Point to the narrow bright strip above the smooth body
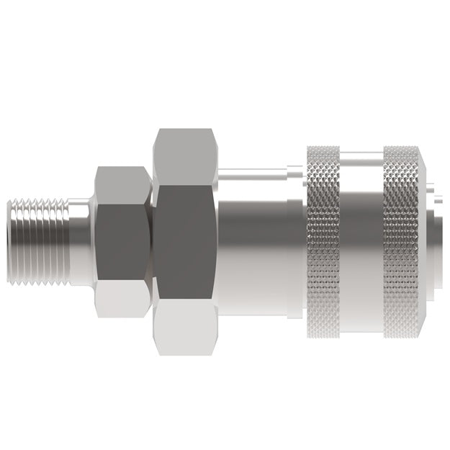(252, 174)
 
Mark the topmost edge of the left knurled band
(323, 148)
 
